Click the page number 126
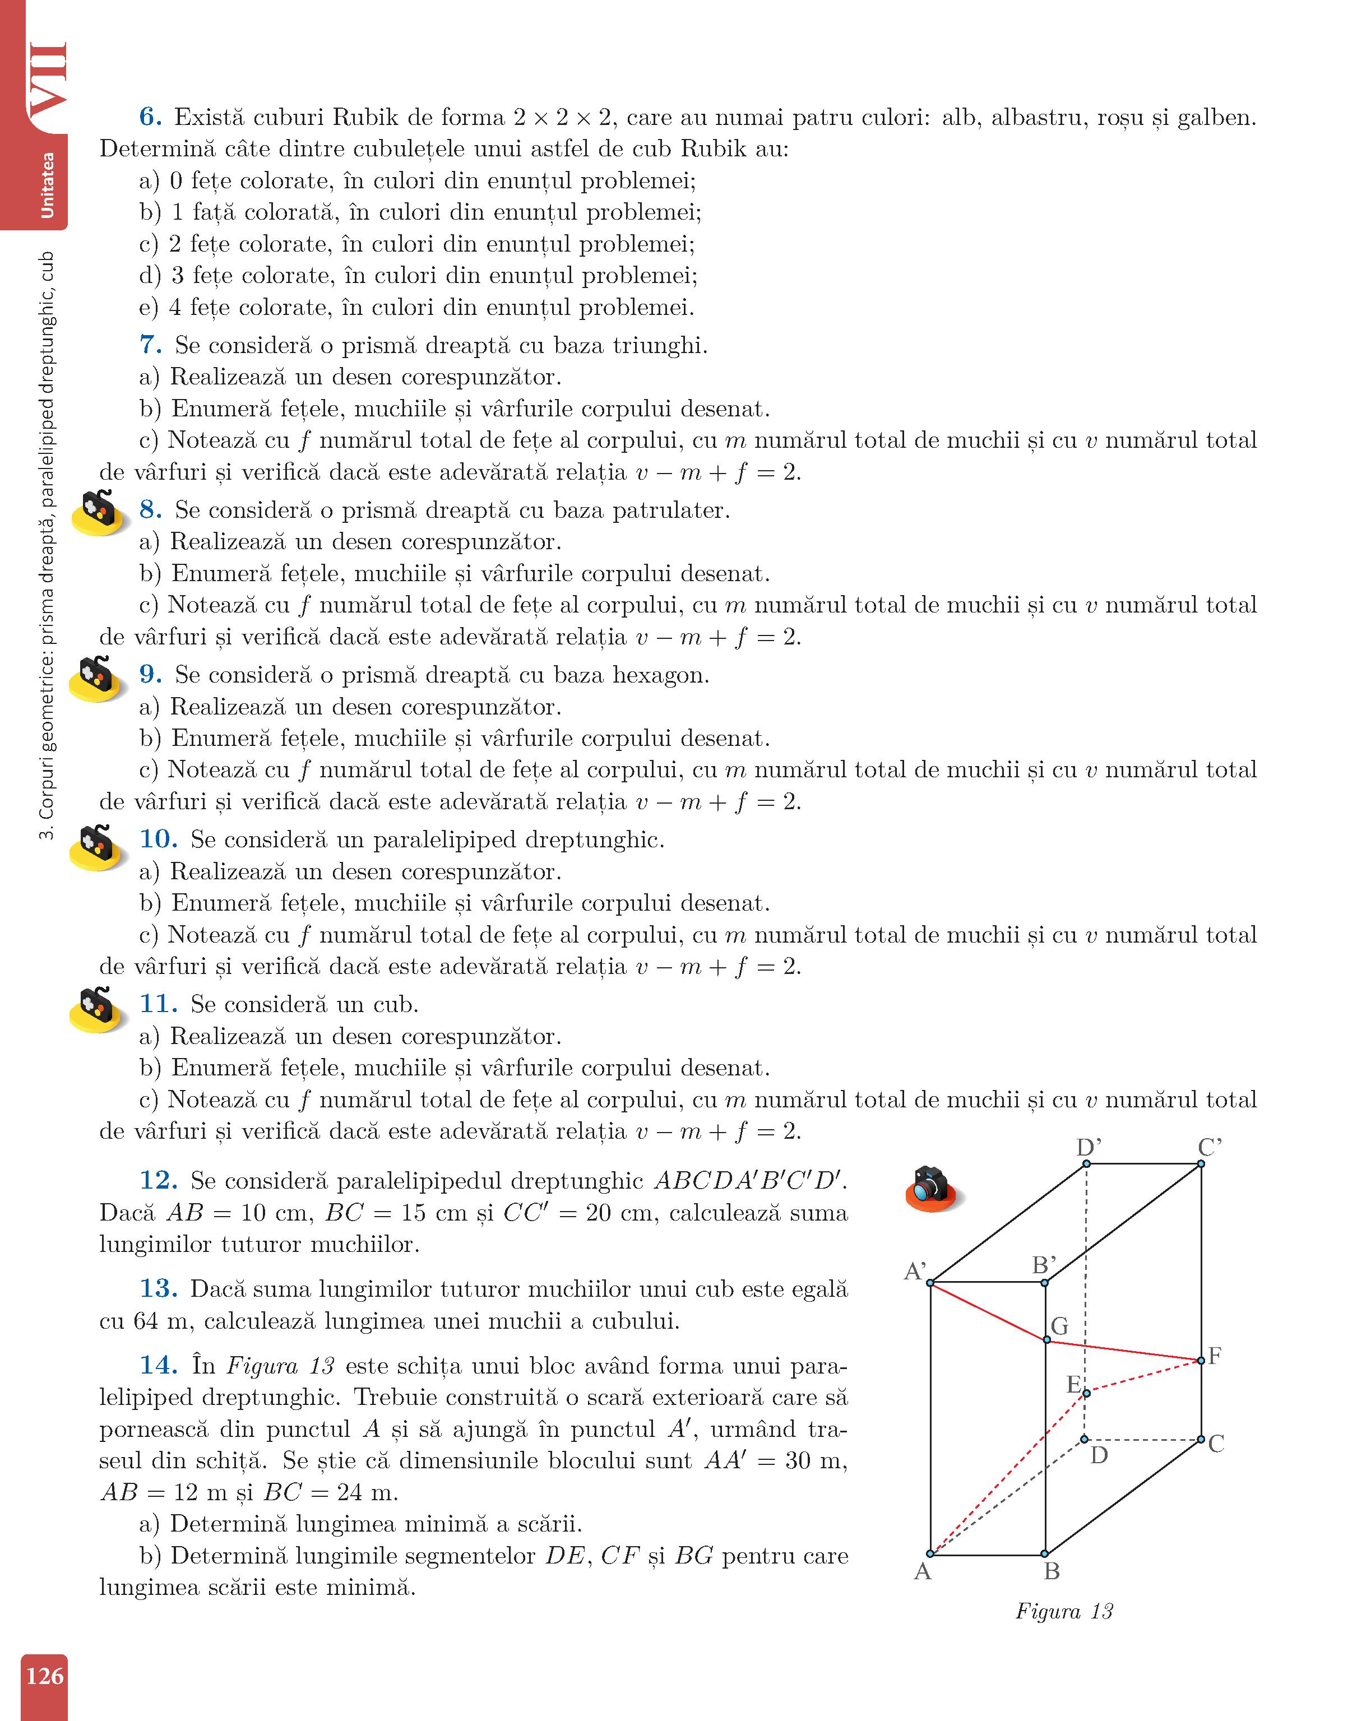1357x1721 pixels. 44,1676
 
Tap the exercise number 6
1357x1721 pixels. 150,118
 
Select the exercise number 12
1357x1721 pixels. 158,1180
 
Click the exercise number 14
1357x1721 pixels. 158,1365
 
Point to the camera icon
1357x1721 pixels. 931,1188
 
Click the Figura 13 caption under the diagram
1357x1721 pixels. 1064,1611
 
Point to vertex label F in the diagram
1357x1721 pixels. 1214,1356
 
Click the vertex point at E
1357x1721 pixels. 1087,1392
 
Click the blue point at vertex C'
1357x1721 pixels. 1201,1165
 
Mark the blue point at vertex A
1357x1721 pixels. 930,1553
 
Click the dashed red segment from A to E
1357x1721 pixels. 1009,1472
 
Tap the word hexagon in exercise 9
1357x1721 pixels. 659,675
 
